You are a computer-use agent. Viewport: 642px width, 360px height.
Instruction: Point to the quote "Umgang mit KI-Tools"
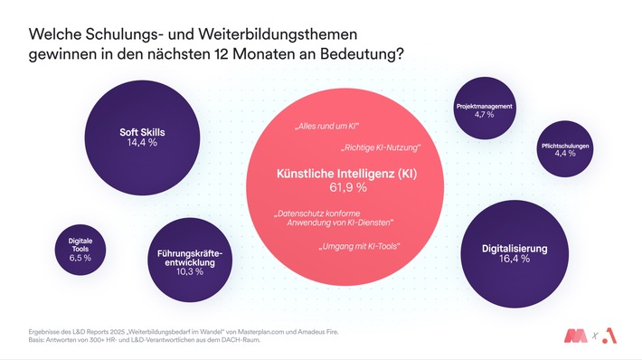[360, 246]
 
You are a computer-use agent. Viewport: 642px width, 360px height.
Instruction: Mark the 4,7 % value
[485, 116]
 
